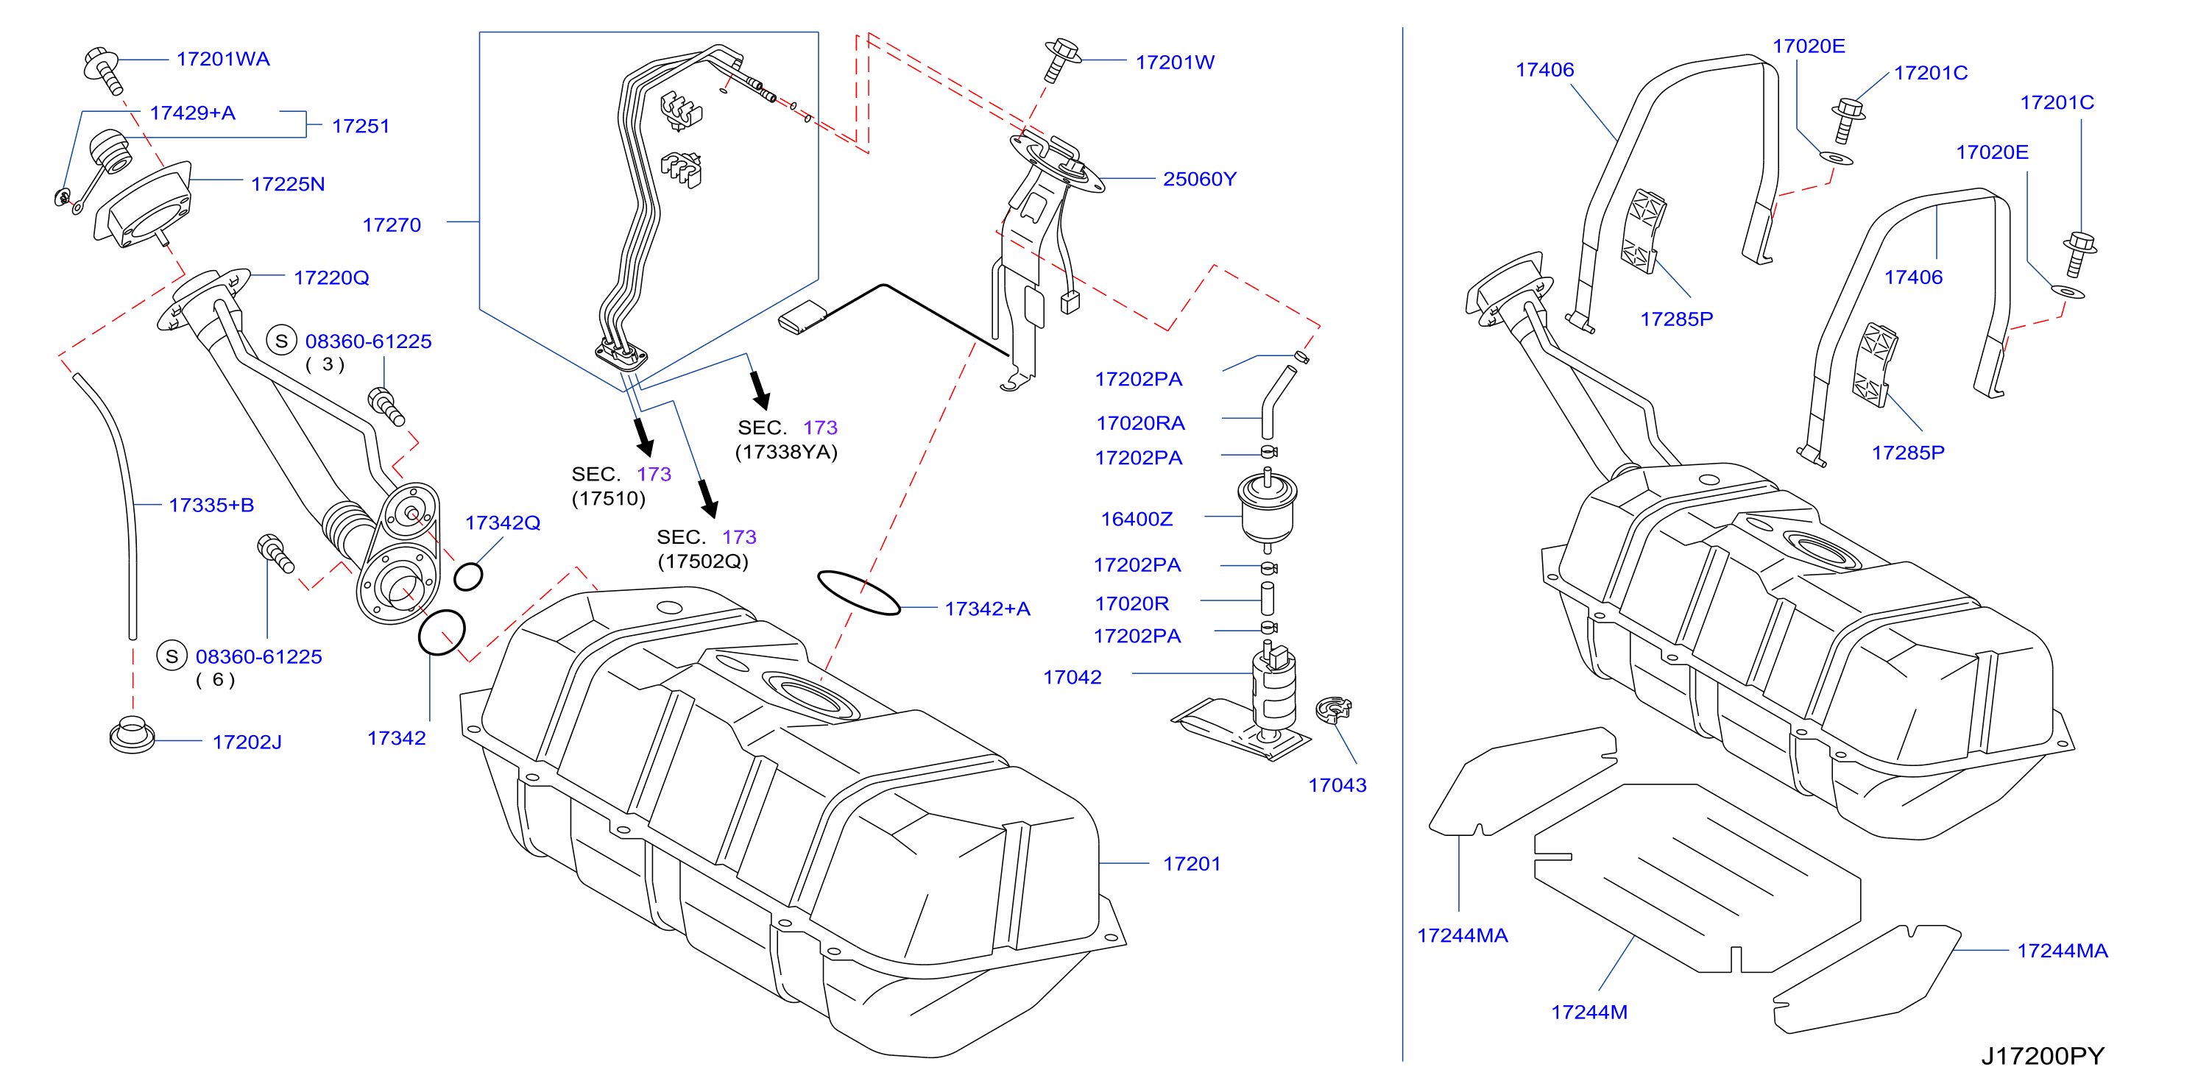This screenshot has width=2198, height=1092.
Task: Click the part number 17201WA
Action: point(223,59)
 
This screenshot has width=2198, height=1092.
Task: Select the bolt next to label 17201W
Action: point(1062,59)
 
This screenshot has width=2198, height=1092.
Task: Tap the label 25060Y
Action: point(1200,179)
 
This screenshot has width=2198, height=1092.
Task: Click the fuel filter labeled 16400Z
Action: point(1267,510)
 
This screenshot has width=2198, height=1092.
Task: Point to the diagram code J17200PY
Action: point(2042,1056)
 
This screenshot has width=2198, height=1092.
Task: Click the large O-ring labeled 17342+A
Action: point(858,592)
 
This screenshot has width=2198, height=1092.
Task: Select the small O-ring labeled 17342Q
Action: point(467,577)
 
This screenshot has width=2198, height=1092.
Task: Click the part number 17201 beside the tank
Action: point(1191,864)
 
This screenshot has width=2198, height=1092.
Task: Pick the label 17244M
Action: point(1589,1013)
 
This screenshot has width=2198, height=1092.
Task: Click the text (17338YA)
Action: point(786,452)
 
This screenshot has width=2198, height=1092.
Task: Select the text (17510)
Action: point(608,498)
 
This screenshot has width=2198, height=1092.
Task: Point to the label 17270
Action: point(392,225)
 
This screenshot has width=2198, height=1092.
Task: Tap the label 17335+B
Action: point(211,505)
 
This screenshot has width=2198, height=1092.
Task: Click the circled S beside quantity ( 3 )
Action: point(282,341)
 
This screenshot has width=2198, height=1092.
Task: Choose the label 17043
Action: point(1337,786)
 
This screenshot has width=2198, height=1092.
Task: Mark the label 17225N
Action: point(288,184)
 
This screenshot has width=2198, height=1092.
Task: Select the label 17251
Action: point(360,127)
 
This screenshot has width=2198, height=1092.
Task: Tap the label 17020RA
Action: point(1140,423)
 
